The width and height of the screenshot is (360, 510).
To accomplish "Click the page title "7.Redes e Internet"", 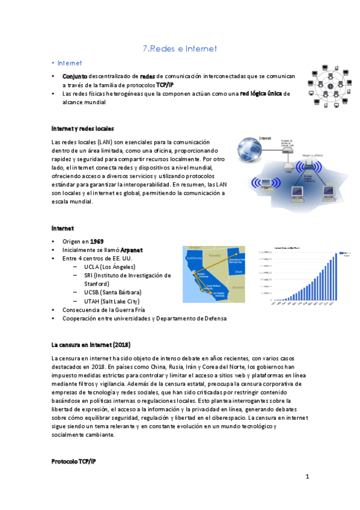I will click(x=180, y=48).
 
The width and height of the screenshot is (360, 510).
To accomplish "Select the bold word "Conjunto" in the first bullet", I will click(x=75, y=77).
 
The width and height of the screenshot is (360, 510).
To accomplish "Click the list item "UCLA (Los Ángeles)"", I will click(x=110, y=266).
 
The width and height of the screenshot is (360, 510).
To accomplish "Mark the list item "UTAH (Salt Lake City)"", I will click(x=112, y=301).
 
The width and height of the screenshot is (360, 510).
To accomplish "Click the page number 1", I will click(x=307, y=477).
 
